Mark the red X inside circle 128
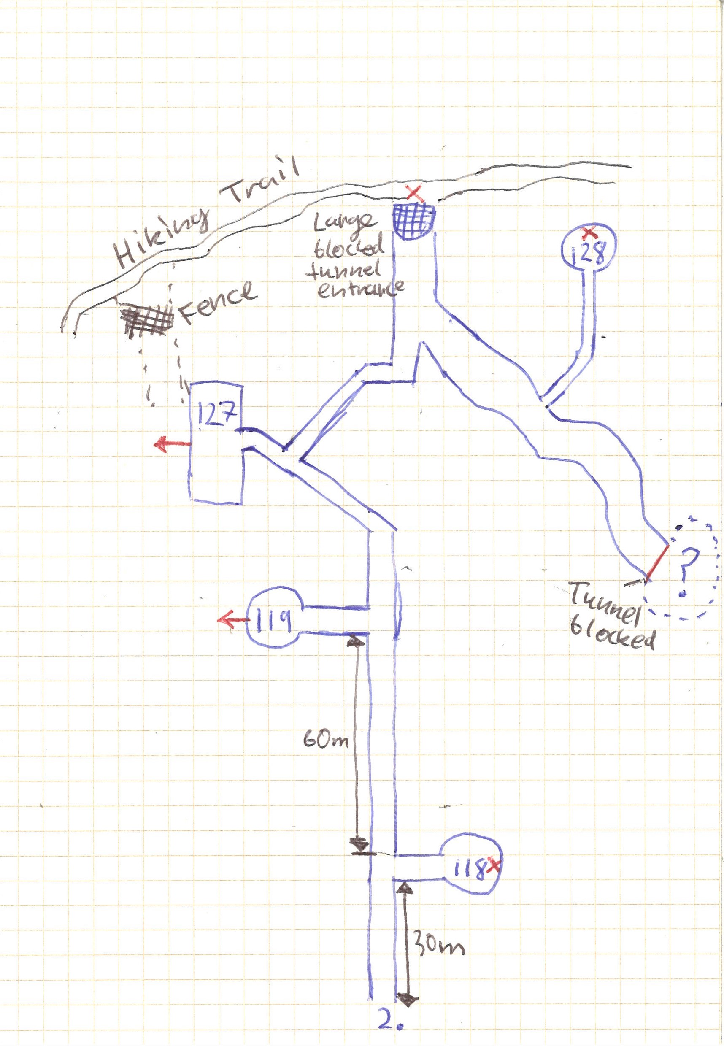589,233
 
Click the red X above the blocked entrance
415,194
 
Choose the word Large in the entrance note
351,222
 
